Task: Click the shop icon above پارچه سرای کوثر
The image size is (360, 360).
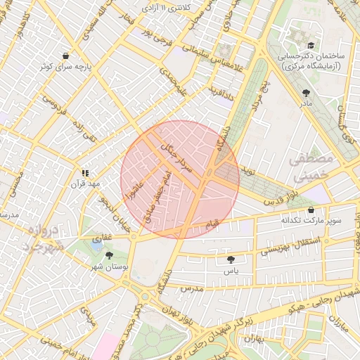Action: point(65,56)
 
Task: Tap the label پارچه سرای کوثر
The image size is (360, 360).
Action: point(65,67)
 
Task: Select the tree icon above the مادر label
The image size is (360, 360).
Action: point(305,93)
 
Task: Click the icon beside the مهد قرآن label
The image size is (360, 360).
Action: point(84,172)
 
